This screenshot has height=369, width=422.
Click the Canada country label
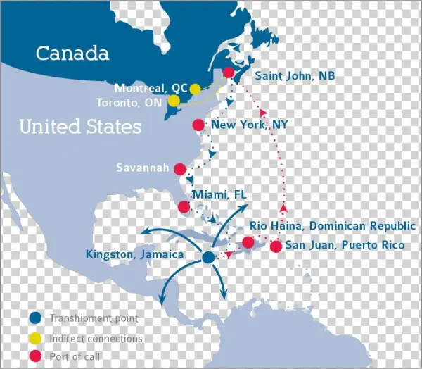72,53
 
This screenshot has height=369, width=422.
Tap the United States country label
79,127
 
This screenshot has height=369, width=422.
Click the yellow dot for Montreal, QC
195,89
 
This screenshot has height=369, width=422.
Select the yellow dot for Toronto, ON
173,101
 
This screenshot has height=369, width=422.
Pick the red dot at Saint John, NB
228,73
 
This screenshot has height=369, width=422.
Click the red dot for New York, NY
198,125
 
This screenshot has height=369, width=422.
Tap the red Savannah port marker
180,169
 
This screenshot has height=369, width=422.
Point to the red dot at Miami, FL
184,206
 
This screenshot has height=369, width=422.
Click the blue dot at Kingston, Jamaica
207,258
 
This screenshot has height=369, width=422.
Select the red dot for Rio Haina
248,243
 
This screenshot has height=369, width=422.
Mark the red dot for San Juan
276,246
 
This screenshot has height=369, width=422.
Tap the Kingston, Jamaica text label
134,254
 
